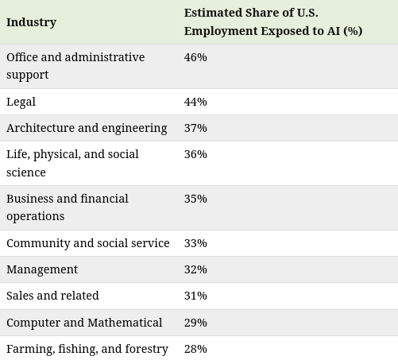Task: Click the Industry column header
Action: tap(31, 22)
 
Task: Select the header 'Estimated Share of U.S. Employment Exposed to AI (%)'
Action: tap(273, 22)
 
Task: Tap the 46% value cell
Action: tap(195, 57)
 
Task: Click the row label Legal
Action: tap(21, 102)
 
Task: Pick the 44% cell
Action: tap(195, 102)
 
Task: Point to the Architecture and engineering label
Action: tap(87, 128)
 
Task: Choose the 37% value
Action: tap(195, 128)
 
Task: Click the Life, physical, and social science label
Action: tap(72, 163)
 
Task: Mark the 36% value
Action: tap(195, 154)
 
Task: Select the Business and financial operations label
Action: tap(68, 207)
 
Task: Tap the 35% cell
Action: tap(195, 199)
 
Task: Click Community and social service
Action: tap(88, 243)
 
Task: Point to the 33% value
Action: tap(195, 243)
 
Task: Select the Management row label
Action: tap(42, 270)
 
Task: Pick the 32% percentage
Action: tap(195, 269)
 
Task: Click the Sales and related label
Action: tap(52, 296)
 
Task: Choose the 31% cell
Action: tap(195, 296)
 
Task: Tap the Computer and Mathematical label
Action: tap(84, 323)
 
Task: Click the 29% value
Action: tap(195, 323)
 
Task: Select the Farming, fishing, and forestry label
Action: tap(87, 349)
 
